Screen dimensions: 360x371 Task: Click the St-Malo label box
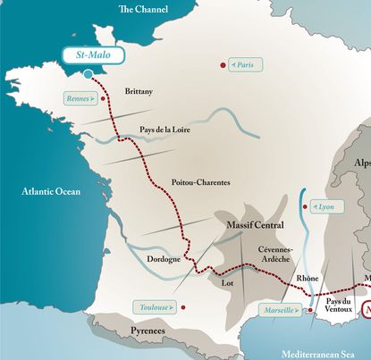pos(94,55)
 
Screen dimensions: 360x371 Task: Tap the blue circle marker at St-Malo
pos(88,74)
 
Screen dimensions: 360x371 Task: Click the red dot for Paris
pos(222,65)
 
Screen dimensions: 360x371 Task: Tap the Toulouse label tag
pos(153,307)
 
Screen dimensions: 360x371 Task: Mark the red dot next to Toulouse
pos(182,307)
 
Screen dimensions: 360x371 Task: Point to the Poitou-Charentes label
pos(200,182)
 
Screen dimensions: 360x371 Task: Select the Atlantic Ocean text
pos(51,191)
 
